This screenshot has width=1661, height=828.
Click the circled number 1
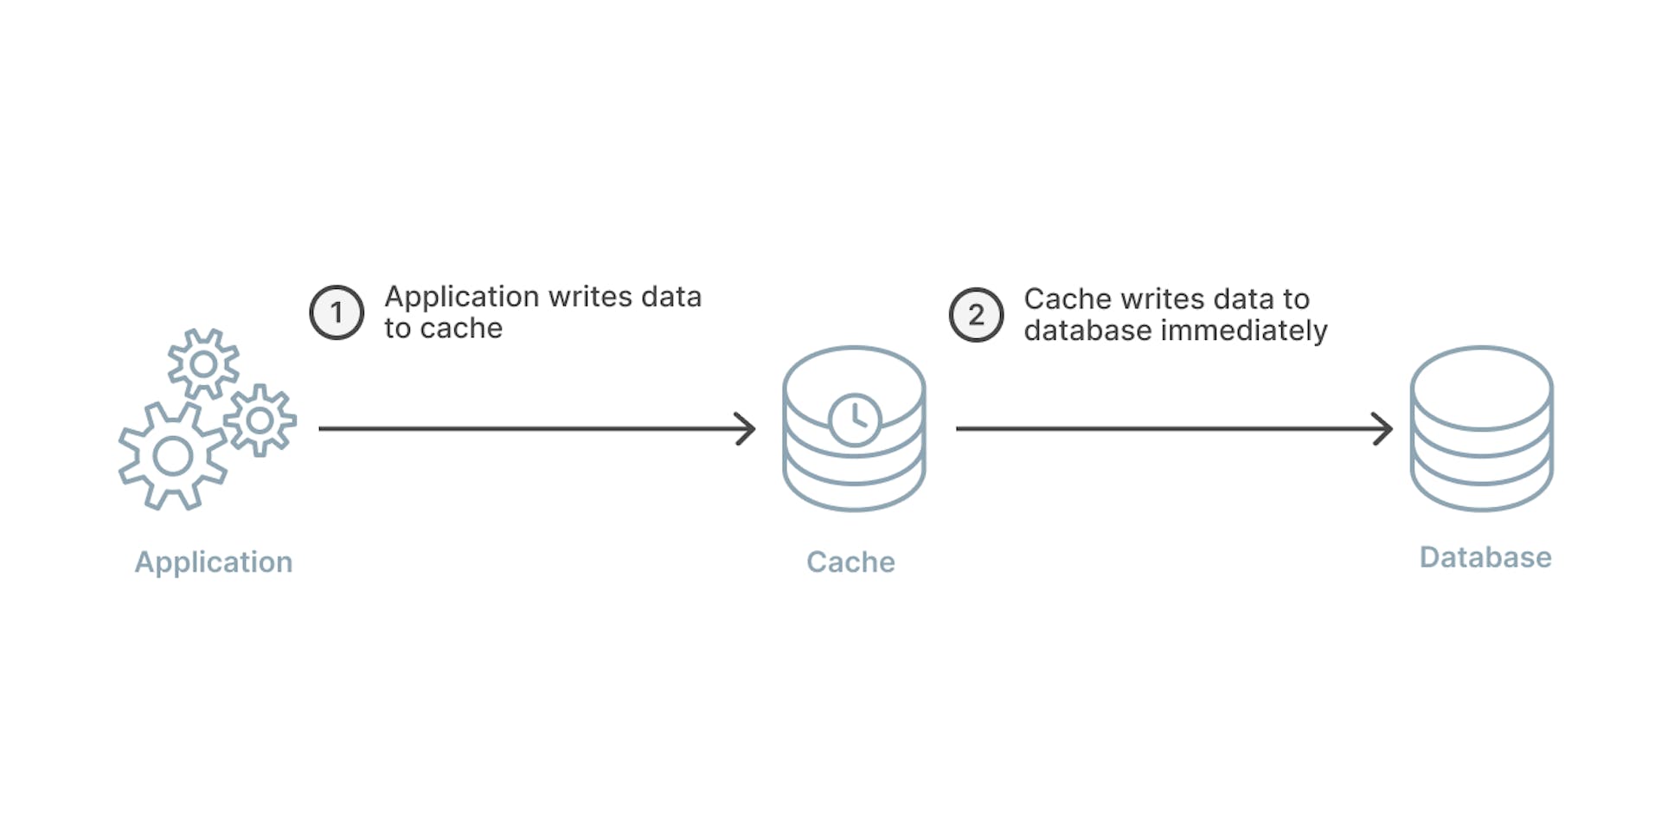[337, 312]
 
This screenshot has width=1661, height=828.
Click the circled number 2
[976, 315]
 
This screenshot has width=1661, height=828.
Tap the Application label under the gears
[214, 562]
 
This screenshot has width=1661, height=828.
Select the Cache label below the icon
[850, 562]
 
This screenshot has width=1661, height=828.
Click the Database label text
[1485, 557]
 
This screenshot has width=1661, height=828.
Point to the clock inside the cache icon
[855, 420]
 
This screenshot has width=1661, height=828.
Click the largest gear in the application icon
[173, 456]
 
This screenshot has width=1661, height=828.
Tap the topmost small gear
[204, 364]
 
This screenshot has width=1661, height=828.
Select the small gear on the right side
[260, 420]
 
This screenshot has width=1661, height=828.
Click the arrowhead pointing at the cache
[746, 428]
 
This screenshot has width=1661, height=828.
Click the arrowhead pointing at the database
[1383, 428]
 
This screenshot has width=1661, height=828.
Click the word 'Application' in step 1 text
[462, 298]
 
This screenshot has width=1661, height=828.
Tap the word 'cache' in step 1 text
[461, 329]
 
